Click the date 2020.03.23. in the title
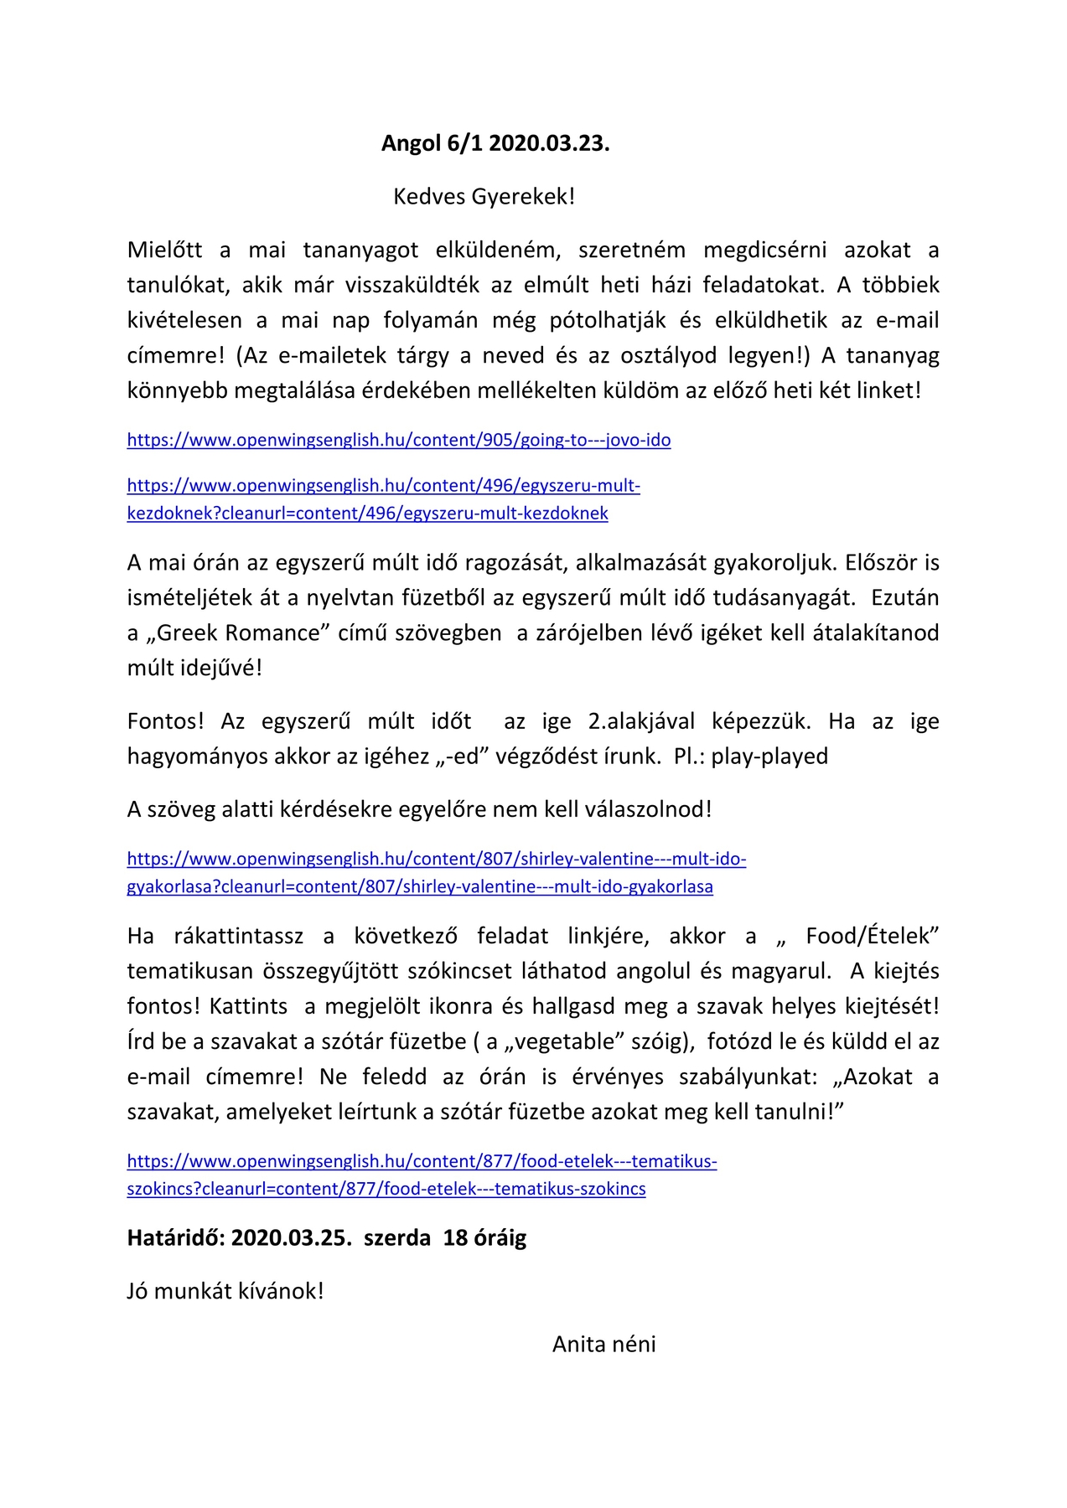tap(549, 143)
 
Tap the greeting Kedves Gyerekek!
tap(484, 197)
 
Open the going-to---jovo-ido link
tap(398, 440)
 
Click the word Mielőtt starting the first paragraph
tap(164, 250)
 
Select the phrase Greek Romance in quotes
tap(238, 633)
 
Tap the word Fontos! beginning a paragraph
tap(165, 721)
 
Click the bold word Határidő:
tap(175, 1237)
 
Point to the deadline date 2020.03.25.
tap(292, 1237)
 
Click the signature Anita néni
tap(603, 1344)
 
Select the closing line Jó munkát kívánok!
tap(225, 1291)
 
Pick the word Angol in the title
tap(411, 143)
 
